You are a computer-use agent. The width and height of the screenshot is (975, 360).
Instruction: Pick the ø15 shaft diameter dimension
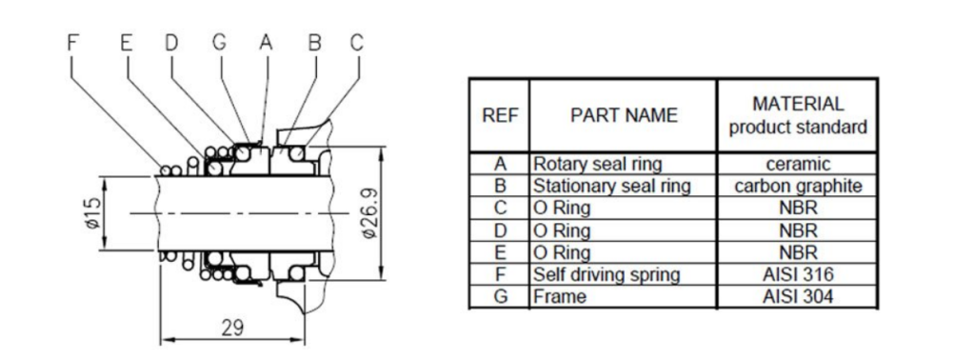click(93, 213)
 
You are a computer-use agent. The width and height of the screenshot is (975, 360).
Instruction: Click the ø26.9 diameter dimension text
click(369, 212)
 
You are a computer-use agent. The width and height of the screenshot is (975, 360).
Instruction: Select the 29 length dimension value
click(233, 327)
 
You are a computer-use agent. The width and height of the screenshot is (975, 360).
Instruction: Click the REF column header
click(499, 115)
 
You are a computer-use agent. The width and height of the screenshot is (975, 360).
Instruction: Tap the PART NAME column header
click(624, 115)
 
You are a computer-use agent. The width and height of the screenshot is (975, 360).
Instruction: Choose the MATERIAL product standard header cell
click(798, 115)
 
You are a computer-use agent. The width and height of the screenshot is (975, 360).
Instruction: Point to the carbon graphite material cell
click(798, 187)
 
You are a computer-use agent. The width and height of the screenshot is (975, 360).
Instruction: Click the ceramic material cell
click(798, 164)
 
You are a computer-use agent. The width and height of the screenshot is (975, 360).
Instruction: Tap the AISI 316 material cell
click(798, 274)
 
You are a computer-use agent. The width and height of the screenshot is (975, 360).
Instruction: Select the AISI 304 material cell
click(798, 296)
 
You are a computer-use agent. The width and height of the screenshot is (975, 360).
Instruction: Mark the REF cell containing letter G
click(499, 296)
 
